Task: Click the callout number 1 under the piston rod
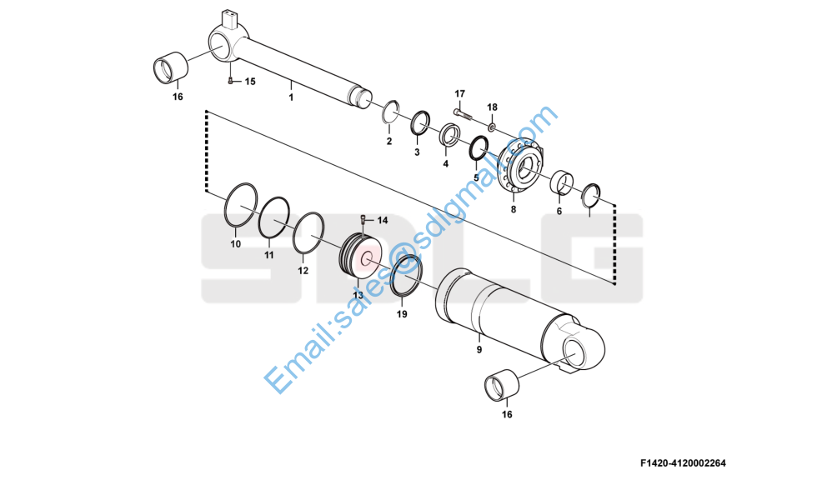[x=291, y=97]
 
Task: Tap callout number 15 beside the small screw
[x=249, y=81]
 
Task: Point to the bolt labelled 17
[x=460, y=112]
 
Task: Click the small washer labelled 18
[x=491, y=127]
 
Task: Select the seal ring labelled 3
[x=419, y=124]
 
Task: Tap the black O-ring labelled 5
[x=479, y=149]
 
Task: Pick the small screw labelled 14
[x=364, y=219]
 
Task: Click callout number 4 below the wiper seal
[x=445, y=163]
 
